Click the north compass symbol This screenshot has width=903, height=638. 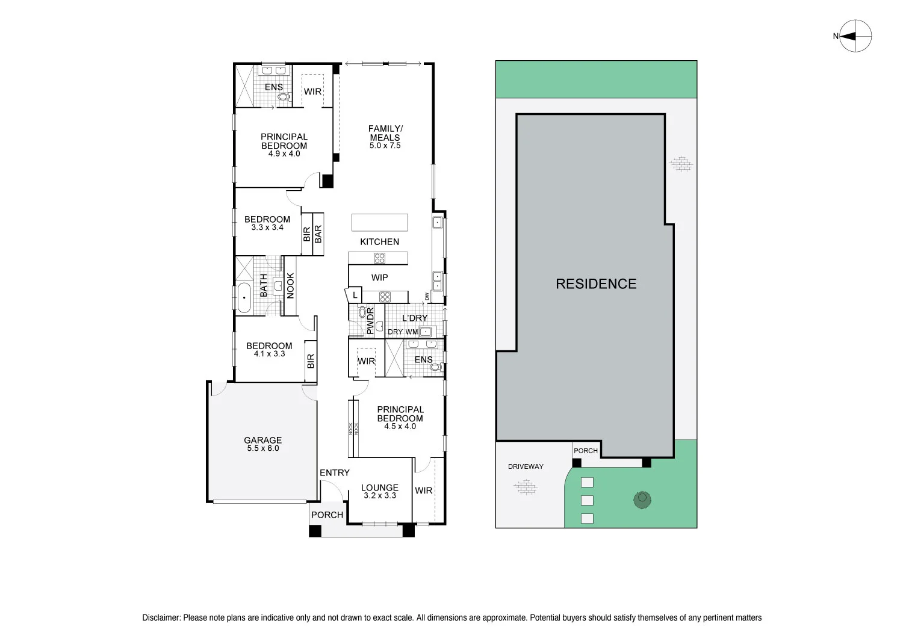855,36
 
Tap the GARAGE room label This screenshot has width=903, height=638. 262,440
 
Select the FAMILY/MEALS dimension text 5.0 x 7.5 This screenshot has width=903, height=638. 385,146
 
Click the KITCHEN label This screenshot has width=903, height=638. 379,242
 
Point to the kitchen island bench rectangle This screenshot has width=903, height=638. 380,222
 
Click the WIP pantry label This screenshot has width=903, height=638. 379,277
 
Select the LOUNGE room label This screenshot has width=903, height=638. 379,488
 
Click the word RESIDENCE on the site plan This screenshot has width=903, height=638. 596,284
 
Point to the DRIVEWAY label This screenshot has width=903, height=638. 526,466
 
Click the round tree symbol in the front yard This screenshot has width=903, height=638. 642,499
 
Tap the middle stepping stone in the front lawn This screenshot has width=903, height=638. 587,500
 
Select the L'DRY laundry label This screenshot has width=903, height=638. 415,318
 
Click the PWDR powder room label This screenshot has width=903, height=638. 370,321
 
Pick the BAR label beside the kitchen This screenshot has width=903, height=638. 318,234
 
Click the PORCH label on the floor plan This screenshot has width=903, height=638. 327,515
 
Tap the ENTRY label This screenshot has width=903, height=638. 334,473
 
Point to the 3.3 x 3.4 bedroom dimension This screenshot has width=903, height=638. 267,228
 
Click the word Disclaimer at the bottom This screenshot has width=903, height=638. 161,618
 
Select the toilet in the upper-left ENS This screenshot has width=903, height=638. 283,96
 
